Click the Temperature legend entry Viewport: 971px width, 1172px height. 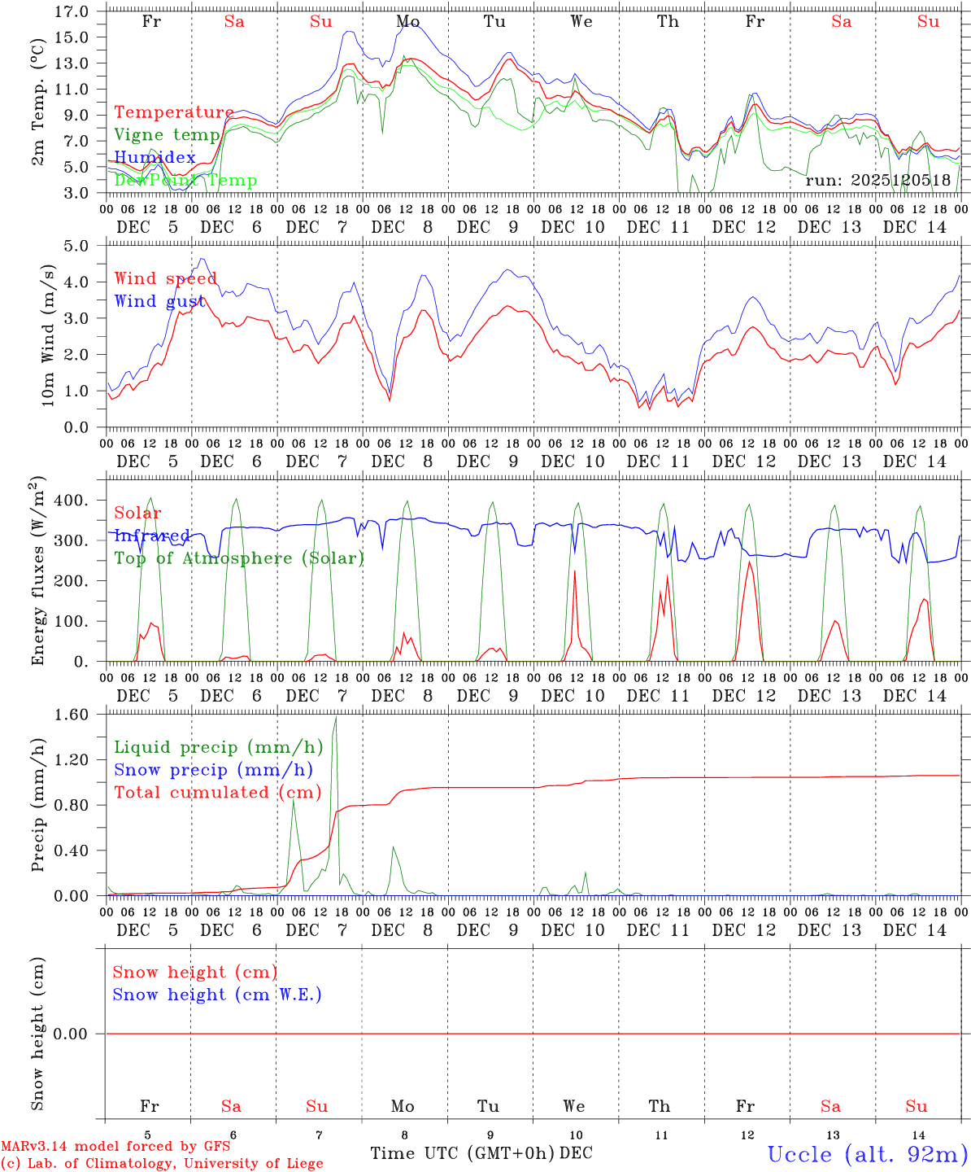point(174,112)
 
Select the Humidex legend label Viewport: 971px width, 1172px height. point(155,157)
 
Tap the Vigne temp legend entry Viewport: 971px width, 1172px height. point(168,135)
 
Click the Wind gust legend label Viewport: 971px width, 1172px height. point(159,301)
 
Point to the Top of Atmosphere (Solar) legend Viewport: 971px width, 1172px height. point(239,558)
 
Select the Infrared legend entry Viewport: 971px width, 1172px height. point(152,536)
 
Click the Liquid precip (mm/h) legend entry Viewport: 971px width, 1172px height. point(219,747)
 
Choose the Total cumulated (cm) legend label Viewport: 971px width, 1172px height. point(218,792)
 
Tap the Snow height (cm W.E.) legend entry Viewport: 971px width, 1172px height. point(217,995)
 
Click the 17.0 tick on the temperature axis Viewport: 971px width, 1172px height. point(72,11)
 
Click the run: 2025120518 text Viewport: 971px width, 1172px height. point(878,181)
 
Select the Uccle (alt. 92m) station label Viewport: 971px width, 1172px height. point(868,1154)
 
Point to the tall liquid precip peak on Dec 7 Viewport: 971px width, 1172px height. point(335,718)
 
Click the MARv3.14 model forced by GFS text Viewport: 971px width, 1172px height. point(115,1146)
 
